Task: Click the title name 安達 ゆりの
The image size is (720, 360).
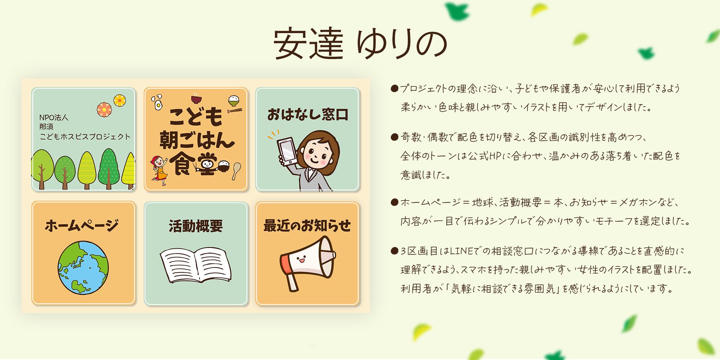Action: click(x=360, y=44)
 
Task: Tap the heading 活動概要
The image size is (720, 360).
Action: click(x=196, y=226)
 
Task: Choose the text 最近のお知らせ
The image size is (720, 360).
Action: click(x=307, y=225)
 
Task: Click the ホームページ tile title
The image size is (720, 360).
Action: click(x=82, y=226)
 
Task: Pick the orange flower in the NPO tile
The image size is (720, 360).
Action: click(x=104, y=109)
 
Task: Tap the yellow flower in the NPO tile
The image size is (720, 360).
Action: click(x=120, y=100)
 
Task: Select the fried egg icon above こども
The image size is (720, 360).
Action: click(x=157, y=103)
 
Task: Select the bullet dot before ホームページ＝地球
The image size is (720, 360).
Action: click(x=394, y=203)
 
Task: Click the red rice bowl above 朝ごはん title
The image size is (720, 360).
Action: click(x=196, y=98)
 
